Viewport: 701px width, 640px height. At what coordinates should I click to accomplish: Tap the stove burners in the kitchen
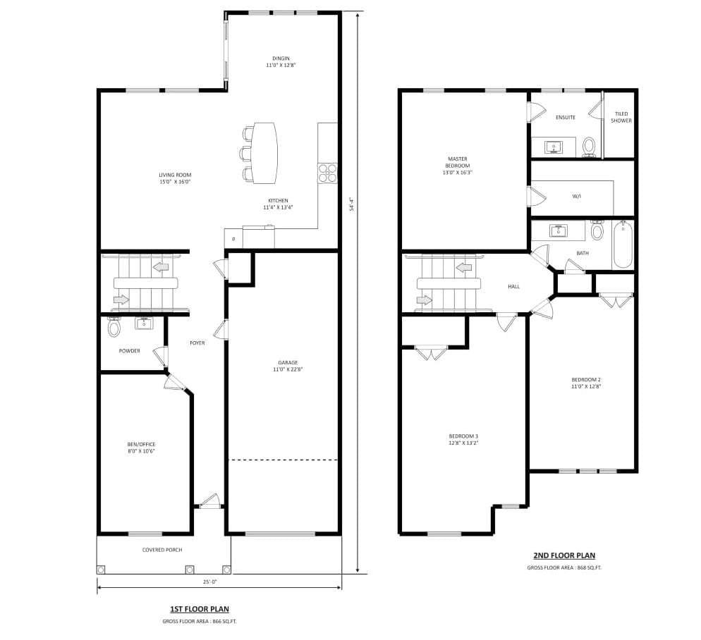coord(327,173)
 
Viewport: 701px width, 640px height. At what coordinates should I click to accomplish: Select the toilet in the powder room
coord(114,328)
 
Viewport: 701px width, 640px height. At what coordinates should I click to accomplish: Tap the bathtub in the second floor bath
coord(622,245)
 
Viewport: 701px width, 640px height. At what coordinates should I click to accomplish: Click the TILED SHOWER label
coord(621,117)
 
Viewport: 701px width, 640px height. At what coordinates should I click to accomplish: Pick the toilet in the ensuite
coord(589,147)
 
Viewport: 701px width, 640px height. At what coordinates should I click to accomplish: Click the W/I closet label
coord(577,197)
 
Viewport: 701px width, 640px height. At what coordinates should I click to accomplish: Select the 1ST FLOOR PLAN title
coord(199,609)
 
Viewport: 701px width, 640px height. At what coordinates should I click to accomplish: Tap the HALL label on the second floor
coord(513,287)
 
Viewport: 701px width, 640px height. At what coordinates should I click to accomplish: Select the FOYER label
coord(197,343)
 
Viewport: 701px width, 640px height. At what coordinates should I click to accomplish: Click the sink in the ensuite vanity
coord(554,147)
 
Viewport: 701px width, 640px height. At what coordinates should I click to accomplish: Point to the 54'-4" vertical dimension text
coord(351,204)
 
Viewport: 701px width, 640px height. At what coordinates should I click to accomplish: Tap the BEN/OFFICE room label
coord(140,447)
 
